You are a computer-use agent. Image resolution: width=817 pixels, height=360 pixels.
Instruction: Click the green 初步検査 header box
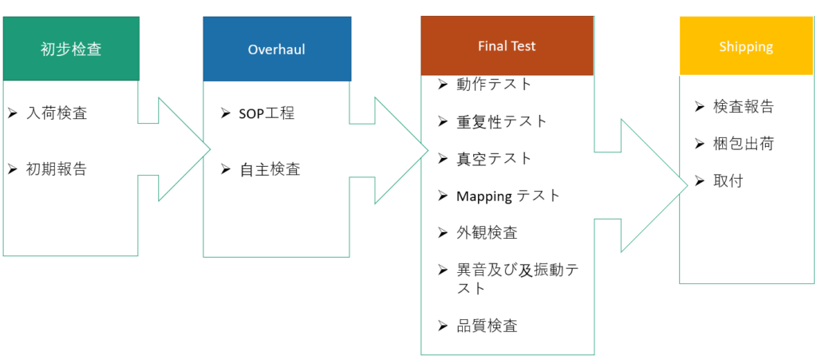coord(71,49)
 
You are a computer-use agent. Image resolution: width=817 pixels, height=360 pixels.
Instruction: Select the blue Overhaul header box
coord(277,49)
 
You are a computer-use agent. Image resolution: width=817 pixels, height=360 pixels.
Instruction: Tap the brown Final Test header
coord(507,45)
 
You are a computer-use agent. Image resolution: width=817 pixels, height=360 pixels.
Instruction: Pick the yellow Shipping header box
coord(746,46)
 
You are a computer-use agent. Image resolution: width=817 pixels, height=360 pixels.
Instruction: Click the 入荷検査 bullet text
coord(57,113)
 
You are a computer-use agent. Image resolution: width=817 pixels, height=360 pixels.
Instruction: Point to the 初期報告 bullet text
coord(57,168)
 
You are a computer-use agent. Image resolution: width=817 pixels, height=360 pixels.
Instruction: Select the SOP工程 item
coord(267,113)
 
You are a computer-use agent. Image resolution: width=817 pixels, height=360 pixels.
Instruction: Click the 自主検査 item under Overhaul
coord(270,168)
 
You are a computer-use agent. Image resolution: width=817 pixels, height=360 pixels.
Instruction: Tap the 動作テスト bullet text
coord(494,84)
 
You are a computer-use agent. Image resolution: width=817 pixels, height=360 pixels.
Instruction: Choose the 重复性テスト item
coord(502,121)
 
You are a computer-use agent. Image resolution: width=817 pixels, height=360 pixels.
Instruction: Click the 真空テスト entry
coord(494,158)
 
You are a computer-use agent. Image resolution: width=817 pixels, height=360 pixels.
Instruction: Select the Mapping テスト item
coord(508,196)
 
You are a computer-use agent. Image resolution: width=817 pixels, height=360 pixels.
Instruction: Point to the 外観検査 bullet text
coord(487,232)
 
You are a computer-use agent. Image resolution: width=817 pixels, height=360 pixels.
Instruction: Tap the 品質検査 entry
coord(487,325)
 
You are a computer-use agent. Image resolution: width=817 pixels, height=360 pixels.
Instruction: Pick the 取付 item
coord(728,180)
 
